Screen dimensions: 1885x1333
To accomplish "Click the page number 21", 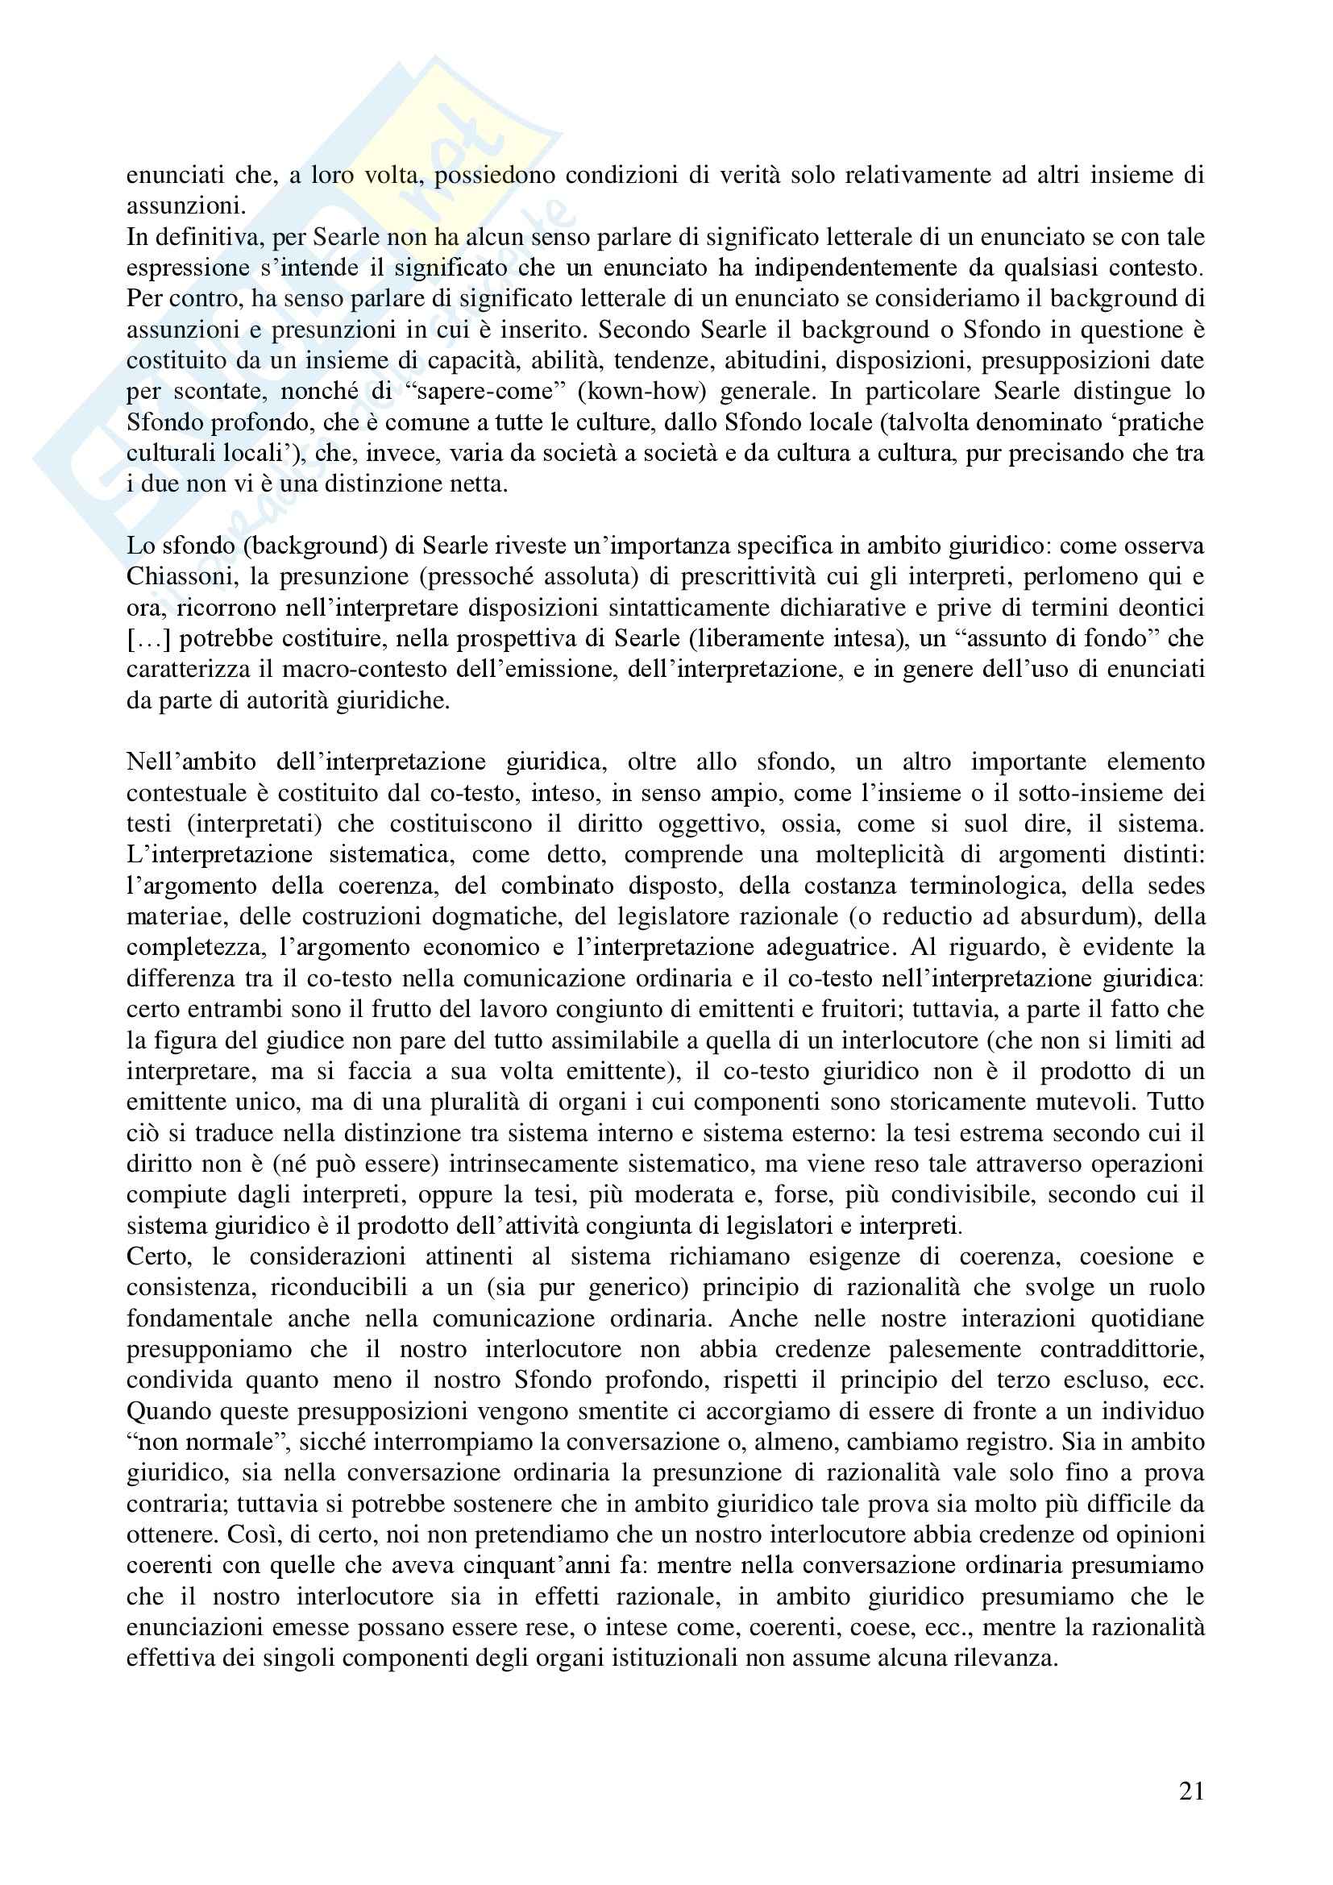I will coord(1191,1791).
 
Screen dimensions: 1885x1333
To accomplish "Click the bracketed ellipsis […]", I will coord(147,639).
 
